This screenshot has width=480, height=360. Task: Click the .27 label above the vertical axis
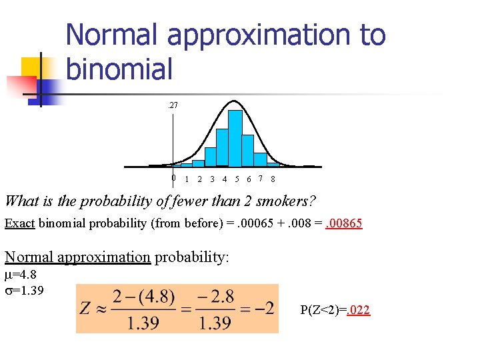pyautogui.click(x=173, y=105)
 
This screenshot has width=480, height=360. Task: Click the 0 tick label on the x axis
pyautogui.click(x=173, y=178)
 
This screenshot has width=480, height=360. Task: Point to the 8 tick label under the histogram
pyautogui.click(x=273, y=179)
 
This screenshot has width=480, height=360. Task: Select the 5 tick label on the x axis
pyautogui.click(x=237, y=179)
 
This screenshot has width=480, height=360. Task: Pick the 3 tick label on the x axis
pyautogui.click(x=212, y=179)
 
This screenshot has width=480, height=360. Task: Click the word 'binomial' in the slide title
pyautogui.click(x=119, y=68)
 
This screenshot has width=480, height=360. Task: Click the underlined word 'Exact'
pyautogui.click(x=19, y=223)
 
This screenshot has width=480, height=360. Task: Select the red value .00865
pyautogui.click(x=344, y=223)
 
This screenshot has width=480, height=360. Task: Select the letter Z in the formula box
pyautogui.click(x=85, y=308)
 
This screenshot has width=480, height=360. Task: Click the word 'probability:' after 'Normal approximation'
pyautogui.click(x=192, y=257)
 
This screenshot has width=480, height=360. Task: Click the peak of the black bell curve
pyautogui.click(x=233, y=101)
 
